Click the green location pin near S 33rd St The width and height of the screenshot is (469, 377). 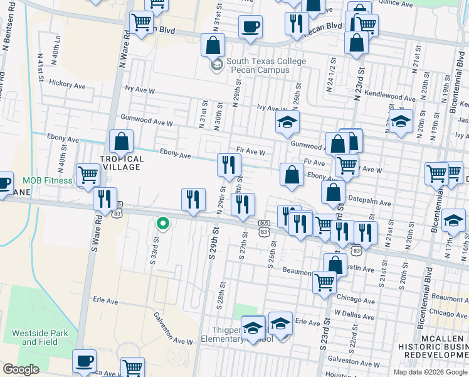[x=162, y=223]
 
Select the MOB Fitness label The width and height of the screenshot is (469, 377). [x=47, y=181]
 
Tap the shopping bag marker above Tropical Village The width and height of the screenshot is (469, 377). [x=121, y=142]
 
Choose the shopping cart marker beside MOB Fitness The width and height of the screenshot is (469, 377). [x=88, y=175]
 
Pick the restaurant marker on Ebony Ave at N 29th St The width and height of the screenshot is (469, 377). [x=229, y=165]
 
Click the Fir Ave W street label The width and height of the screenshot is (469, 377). [x=251, y=151]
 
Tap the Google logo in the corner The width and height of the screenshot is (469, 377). [x=21, y=369]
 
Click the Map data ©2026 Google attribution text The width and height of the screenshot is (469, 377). [x=430, y=372]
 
